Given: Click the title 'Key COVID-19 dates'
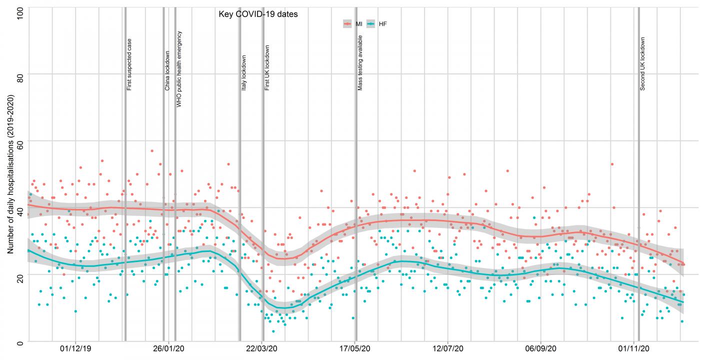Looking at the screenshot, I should click(258, 14).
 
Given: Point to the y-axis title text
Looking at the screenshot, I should click(10, 174).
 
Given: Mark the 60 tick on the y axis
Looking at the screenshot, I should click(20, 141).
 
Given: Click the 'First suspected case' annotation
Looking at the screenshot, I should click(129, 64).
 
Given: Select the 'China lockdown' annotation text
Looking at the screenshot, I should click(167, 70).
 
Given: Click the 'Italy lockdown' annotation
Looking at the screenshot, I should click(244, 72).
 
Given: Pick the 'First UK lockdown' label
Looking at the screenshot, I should click(267, 68).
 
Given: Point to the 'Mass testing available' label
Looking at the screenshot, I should click(360, 63).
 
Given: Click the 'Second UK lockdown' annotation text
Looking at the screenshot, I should click(642, 64).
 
